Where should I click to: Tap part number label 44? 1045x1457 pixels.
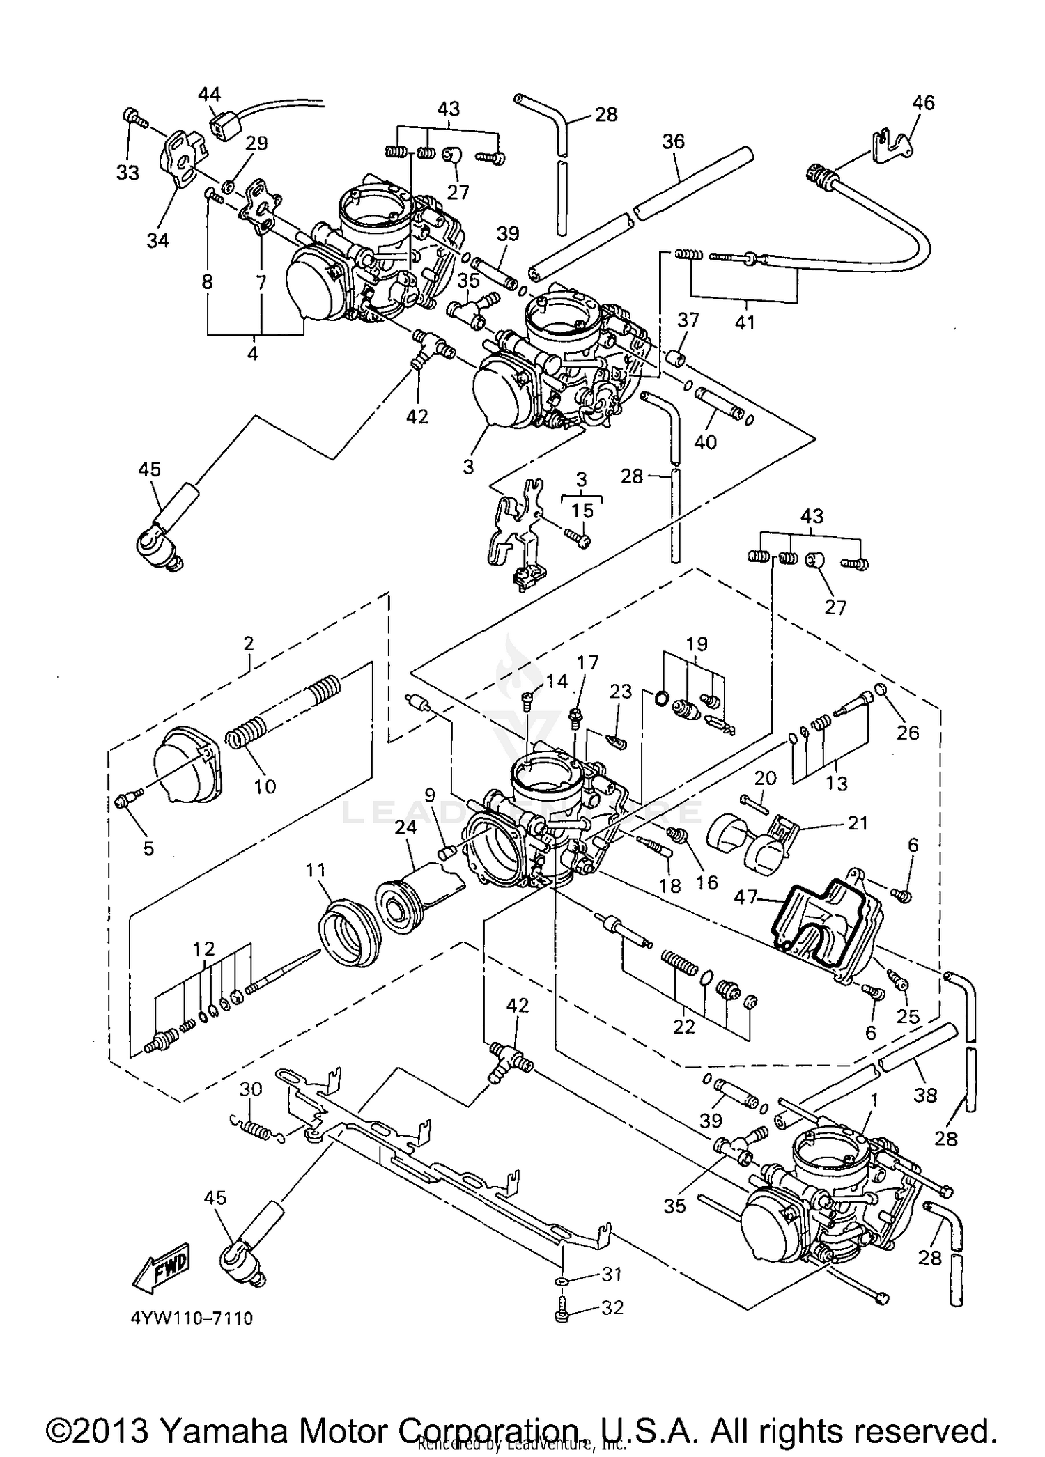click(x=209, y=94)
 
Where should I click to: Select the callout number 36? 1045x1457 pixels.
click(x=673, y=141)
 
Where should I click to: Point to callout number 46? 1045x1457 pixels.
click(x=923, y=102)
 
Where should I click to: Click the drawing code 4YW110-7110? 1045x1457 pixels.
click(x=191, y=1318)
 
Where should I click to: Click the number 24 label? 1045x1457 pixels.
click(x=405, y=827)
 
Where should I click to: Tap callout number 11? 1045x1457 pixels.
click(x=316, y=870)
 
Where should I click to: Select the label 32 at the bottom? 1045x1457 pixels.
click(x=612, y=1307)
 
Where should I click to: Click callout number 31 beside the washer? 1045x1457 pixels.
click(x=611, y=1274)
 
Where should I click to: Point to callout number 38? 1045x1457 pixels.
click(x=925, y=1095)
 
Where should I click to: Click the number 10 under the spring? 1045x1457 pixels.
click(x=265, y=786)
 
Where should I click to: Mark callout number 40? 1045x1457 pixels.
click(x=705, y=442)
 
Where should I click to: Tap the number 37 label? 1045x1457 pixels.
click(x=688, y=320)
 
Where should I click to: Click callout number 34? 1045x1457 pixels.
click(x=157, y=240)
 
